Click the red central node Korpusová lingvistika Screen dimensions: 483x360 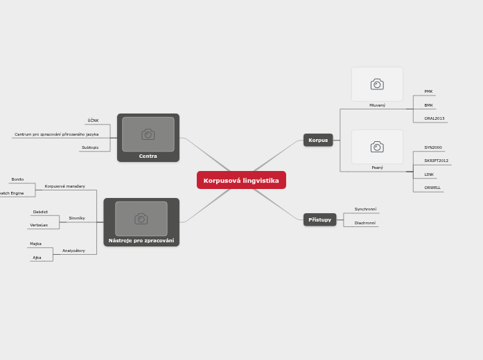click(x=241, y=180)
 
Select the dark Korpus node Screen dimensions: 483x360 click(x=318, y=140)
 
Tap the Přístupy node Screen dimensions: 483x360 click(x=319, y=219)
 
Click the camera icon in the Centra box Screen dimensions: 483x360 click(x=148, y=134)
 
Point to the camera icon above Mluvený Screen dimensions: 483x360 click(x=377, y=84)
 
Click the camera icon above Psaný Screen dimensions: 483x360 click(x=377, y=147)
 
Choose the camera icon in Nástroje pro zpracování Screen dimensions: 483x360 click(x=141, y=219)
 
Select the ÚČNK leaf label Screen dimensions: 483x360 click(x=93, y=120)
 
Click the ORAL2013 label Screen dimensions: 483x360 click(x=434, y=118)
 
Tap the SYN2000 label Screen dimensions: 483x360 click(x=433, y=147)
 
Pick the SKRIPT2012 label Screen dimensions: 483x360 click(x=437, y=161)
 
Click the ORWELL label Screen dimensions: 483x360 click(x=432, y=188)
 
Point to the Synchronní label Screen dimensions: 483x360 click(x=365, y=209)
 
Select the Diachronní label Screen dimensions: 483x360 click(x=365, y=223)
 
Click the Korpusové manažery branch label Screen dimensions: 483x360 click(x=65, y=186)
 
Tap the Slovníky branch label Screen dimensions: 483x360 click(x=77, y=218)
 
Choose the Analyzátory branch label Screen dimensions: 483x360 click(x=73, y=251)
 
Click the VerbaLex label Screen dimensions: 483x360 click(x=39, y=225)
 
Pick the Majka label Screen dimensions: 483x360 click(x=35, y=244)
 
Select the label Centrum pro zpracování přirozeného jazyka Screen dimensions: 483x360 click(x=57, y=134)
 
